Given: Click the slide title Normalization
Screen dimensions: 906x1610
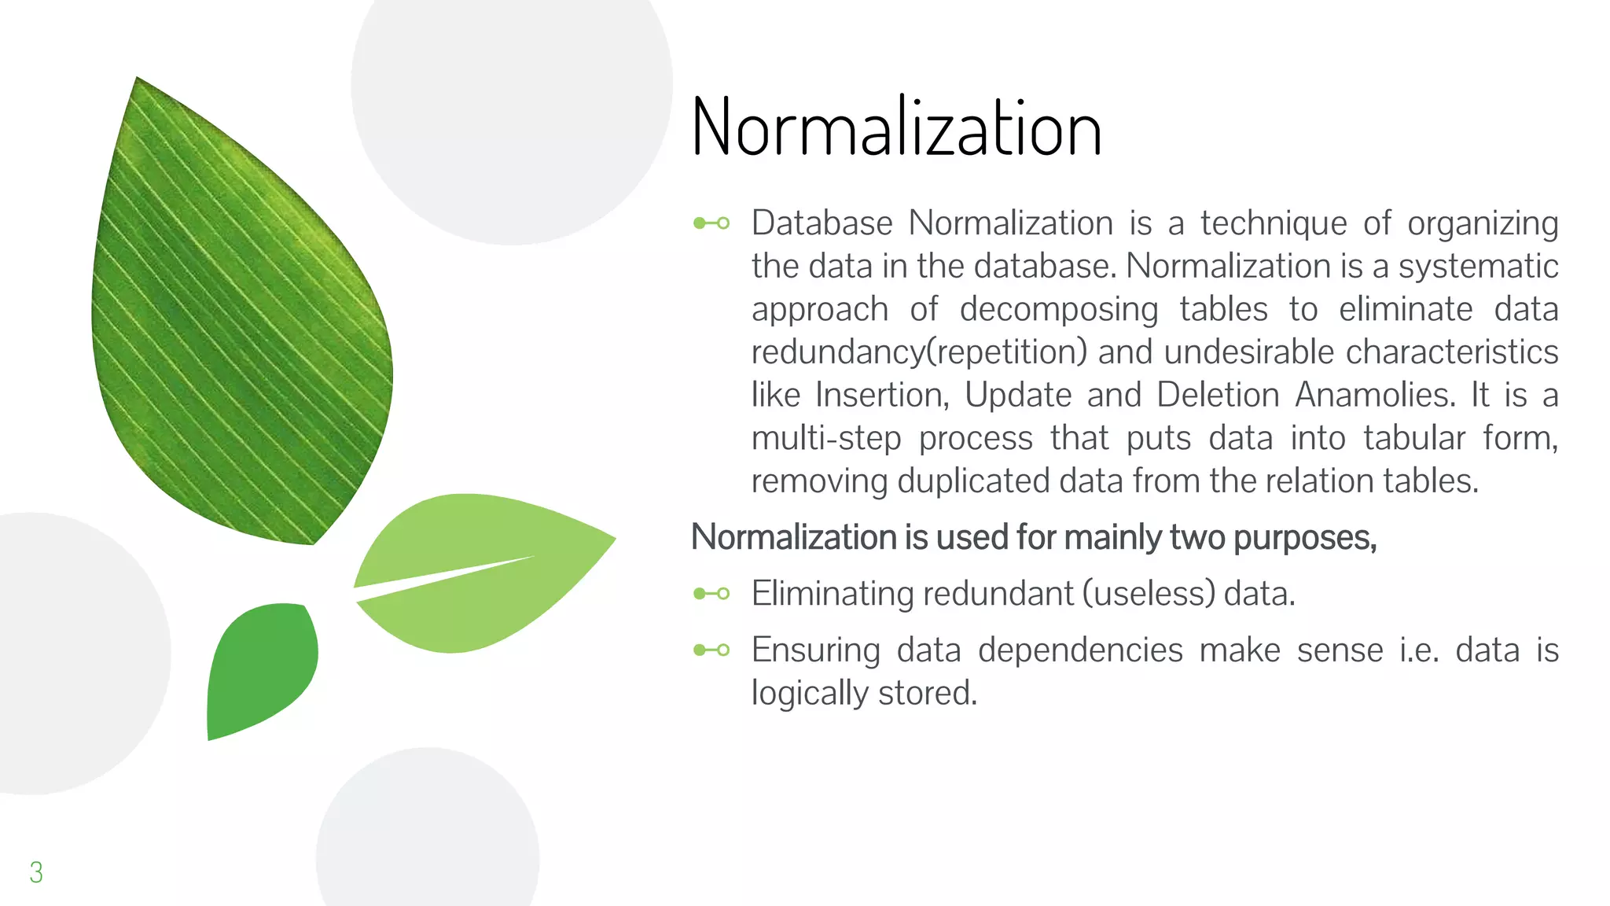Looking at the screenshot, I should coord(896,128).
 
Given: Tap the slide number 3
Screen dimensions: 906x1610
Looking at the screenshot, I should coord(36,872).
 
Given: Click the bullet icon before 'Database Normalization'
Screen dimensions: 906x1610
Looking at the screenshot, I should coord(711,223).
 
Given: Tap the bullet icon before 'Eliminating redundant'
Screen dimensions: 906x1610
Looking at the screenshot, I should coord(711,594).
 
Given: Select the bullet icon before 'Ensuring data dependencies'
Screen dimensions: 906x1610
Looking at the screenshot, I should coord(711,650).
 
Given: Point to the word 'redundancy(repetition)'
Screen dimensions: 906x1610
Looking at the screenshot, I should coord(919,352).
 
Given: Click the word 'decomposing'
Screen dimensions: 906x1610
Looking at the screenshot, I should coord(1058,309).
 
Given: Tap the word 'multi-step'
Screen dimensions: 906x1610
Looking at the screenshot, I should coord(826,438).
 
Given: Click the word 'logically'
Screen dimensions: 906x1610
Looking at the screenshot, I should coord(809,694).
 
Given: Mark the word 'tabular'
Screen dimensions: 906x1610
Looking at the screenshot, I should coord(1414,438).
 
